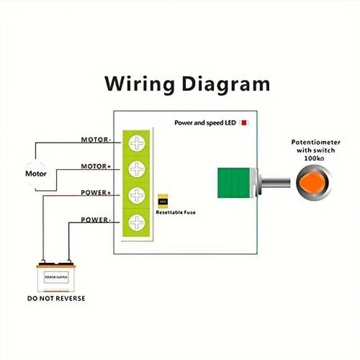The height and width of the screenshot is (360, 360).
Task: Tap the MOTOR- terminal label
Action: click(x=96, y=140)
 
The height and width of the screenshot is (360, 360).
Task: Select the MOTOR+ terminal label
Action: click(x=96, y=166)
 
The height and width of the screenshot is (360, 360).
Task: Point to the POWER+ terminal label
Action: click(x=96, y=193)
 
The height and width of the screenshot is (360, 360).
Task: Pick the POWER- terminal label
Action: click(x=96, y=220)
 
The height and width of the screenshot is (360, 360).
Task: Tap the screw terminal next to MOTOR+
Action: click(x=137, y=168)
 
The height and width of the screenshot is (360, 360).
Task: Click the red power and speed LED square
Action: click(x=245, y=123)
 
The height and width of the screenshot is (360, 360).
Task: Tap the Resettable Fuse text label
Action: click(x=176, y=213)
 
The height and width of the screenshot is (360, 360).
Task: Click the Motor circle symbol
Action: click(x=36, y=174)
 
